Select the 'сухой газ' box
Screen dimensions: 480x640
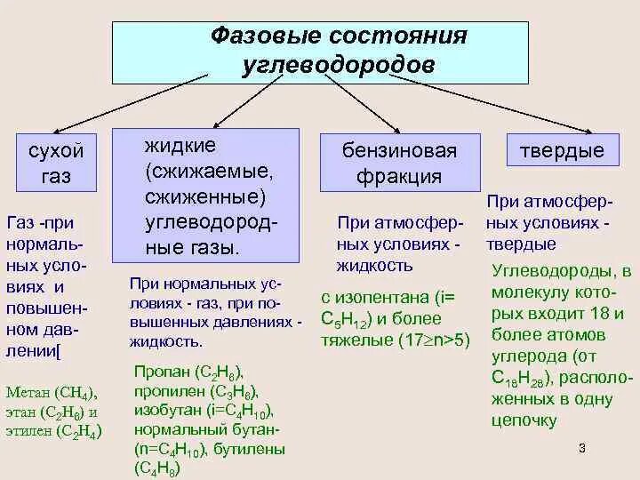click(x=55, y=163)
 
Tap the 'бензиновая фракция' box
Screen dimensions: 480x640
click(x=399, y=163)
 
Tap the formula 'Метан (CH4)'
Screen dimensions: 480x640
click(x=51, y=391)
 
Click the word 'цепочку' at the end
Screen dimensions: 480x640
click(x=525, y=420)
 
